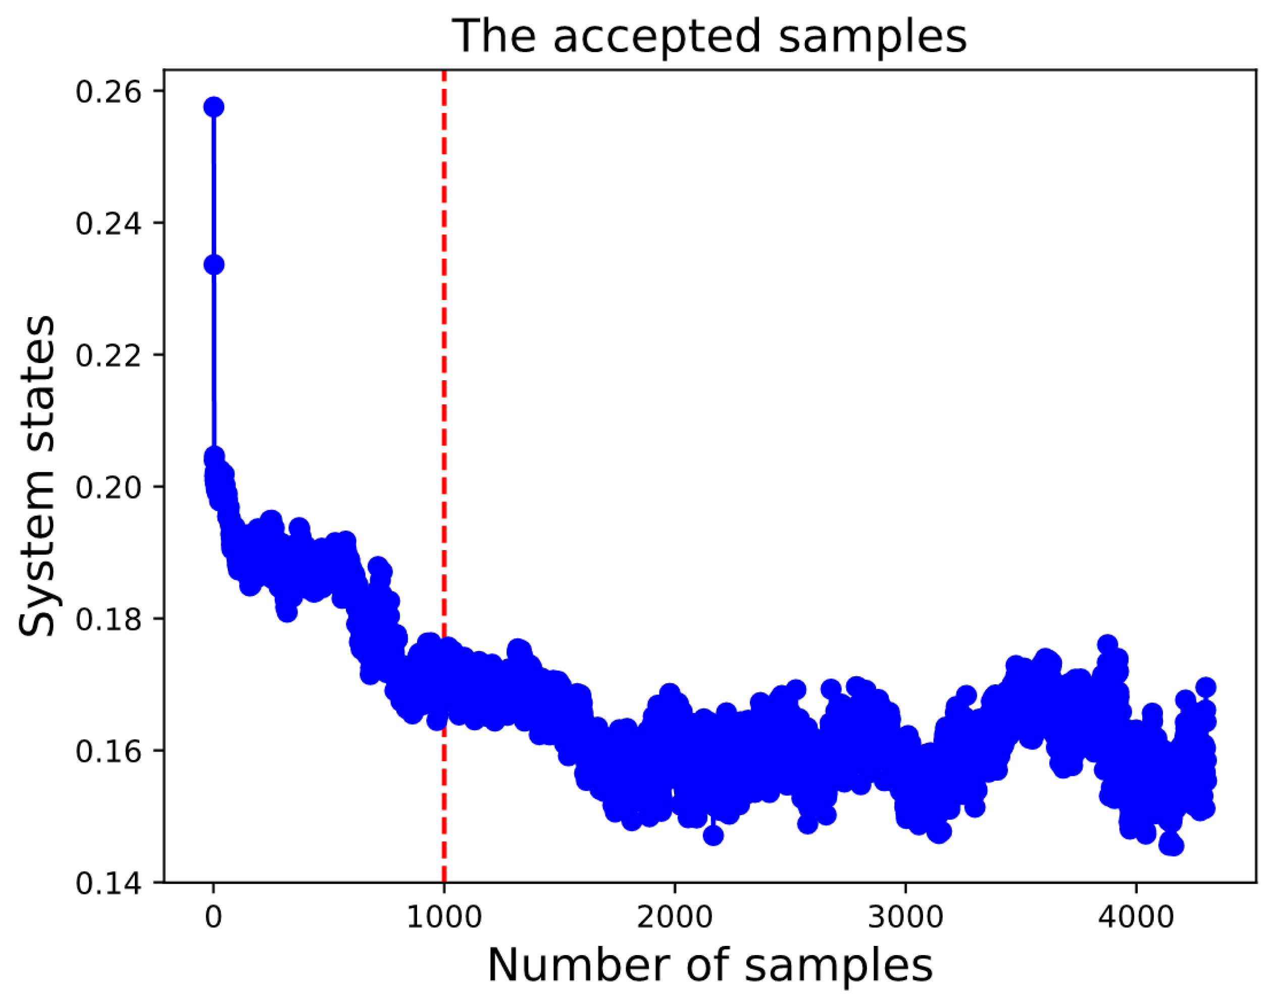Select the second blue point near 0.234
(213, 265)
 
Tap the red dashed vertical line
(444, 411)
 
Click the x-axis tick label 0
(213, 917)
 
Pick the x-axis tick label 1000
(444, 917)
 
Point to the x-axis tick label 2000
(675, 917)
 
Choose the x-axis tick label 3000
(905, 917)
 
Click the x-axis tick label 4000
(1136, 917)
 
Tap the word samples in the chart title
(873, 37)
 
